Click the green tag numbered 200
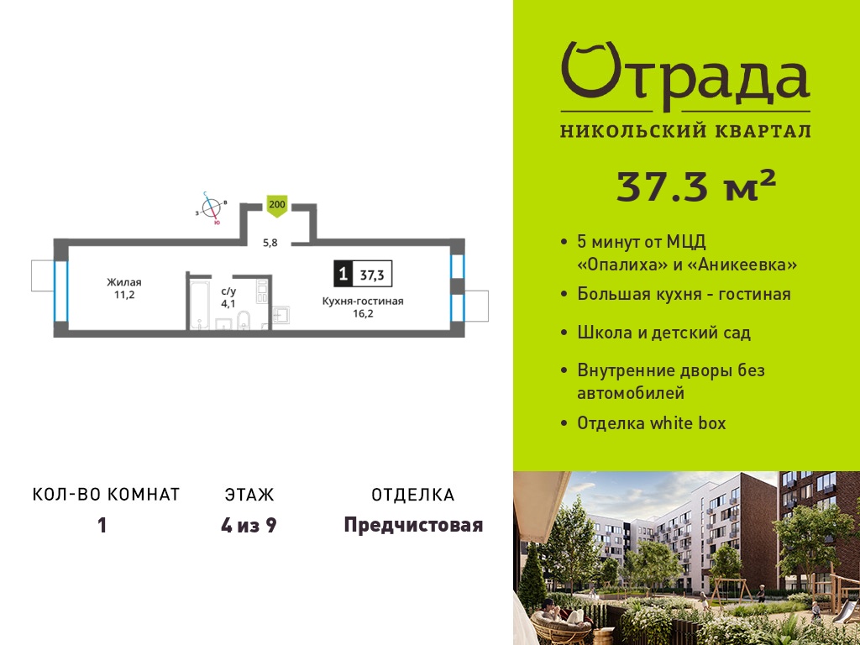[x=277, y=207]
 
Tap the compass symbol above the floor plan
[x=211, y=208]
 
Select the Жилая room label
[x=124, y=282]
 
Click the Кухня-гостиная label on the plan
[x=363, y=302]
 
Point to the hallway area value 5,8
[x=270, y=243]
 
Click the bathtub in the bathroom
[x=200, y=305]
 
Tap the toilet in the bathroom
[x=244, y=320]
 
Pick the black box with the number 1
[x=343, y=273]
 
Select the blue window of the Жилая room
[x=60, y=291]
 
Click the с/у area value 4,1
[x=228, y=303]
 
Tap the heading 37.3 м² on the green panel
[x=696, y=186]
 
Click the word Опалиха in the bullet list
[x=622, y=265]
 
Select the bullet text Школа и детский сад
[x=663, y=333]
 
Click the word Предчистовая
[x=413, y=526]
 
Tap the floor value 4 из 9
[x=249, y=526]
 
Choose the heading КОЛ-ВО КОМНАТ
[x=107, y=495]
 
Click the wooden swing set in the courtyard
[x=732, y=591]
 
